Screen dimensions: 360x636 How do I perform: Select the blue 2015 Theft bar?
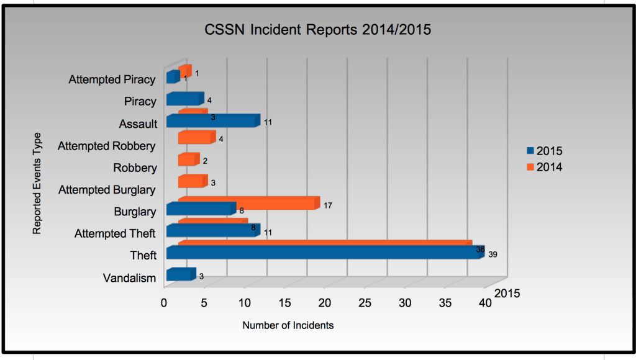pos(323,253)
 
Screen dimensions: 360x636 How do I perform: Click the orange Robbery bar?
pos(188,160)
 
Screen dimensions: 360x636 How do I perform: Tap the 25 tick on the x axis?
pos(365,303)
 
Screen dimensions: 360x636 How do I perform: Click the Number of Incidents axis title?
pos(288,325)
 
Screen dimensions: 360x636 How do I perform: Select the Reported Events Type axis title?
pos(37,183)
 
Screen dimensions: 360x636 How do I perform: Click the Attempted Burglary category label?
pos(107,190)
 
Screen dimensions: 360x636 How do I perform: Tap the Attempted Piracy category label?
pos(112,79)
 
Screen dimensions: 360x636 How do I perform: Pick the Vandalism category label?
pos(129,278)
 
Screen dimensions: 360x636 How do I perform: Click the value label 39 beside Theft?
pos(494,254)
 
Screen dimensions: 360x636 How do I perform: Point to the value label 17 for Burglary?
pos(329,205)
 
